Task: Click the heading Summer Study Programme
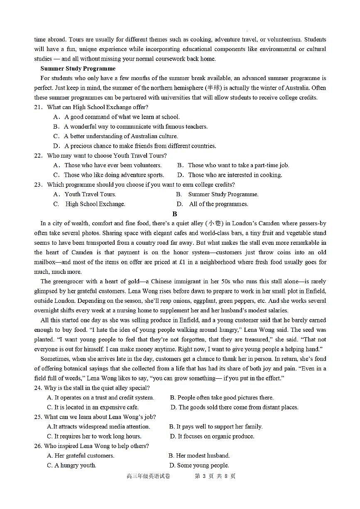78,68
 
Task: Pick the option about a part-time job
233,165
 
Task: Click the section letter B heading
175,214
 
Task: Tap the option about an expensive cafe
93,407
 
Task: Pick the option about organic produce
212,436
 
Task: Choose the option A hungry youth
71,465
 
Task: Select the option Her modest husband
199,455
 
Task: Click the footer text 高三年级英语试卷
148,476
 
